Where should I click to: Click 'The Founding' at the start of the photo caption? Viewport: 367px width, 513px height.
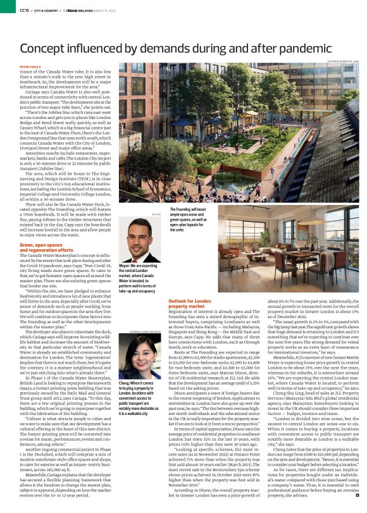pos(181,208)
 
